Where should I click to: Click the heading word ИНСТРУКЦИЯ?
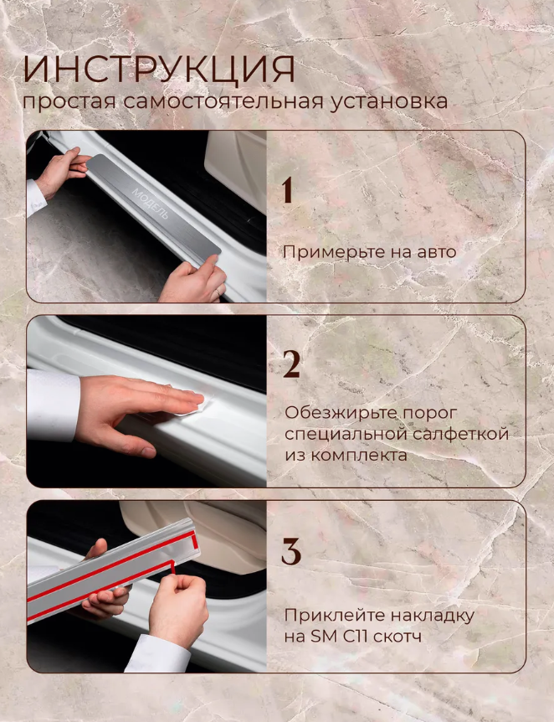point(159,70)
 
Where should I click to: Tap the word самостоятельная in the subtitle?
point(223,101)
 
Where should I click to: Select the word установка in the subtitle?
point(388,101)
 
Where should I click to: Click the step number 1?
point(287,189)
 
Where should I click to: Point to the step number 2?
point(291,364)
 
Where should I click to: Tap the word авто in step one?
point(436,253)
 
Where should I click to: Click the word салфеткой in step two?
point(460,434)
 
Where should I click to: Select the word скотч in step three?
point(397,637)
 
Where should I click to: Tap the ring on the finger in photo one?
point(218,292)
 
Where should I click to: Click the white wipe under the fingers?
point(197,405)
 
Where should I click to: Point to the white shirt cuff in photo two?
point(53,405)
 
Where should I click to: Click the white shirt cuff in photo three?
point(158,654)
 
